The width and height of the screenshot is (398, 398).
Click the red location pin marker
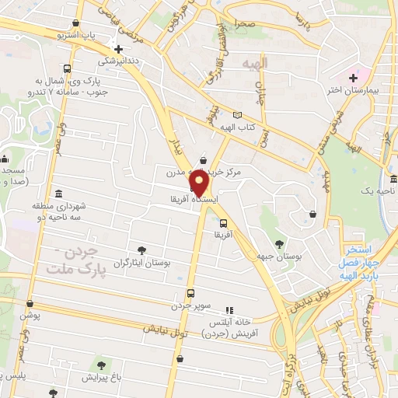199,183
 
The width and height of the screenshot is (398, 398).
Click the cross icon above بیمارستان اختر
354,77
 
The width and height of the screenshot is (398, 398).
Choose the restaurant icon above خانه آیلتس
229,309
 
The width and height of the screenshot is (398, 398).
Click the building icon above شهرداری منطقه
59,193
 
